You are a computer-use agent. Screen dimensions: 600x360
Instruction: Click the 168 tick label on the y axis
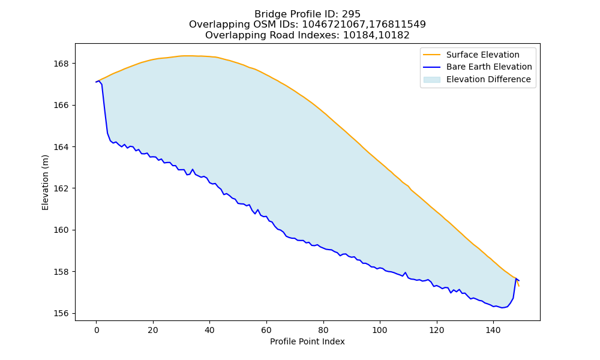tap(61, 64)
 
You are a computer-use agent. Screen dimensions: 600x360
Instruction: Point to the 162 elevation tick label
tap(61, 188)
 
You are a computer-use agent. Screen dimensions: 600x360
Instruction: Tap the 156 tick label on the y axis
tap(61, 314)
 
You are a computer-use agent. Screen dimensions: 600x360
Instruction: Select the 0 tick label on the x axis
tap(97, 330)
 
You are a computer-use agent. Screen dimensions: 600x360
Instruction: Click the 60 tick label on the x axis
tap(266, 330)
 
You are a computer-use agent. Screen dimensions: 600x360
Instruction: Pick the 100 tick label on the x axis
tap(380, 330)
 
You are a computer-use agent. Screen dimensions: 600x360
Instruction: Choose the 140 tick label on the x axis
tap(493, 330)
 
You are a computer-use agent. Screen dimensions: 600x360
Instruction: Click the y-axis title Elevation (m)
tap(46, 182)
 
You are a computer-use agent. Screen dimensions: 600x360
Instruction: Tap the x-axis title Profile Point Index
tap(307, 341)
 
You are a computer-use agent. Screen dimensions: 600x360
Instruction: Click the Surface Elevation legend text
tap(482, 55)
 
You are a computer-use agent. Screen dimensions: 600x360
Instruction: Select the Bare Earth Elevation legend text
tap(489, 67)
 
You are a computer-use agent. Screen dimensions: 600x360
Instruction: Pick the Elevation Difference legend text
tap(488, 80)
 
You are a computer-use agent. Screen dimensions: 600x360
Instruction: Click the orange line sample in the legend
tap(431, 55)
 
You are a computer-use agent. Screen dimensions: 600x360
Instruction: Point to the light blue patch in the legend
tap(431, 80)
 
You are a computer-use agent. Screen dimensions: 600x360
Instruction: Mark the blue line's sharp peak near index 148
tap(516, 278)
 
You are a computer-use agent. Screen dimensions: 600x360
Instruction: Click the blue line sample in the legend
tap(431, 67)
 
